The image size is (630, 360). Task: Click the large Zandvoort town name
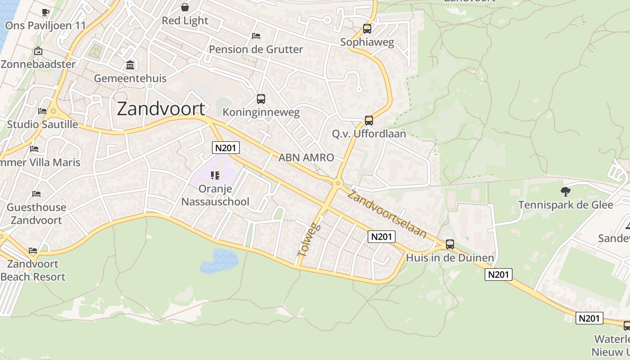(161, 109)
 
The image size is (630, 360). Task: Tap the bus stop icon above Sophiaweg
(367, 29)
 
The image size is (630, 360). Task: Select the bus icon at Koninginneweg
(261, 99)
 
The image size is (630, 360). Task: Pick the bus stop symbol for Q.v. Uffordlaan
(369, 121)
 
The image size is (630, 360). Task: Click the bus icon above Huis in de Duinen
(450, 244)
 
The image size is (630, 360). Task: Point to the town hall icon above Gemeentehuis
(130, 65)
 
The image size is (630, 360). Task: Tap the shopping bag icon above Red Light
(185, 7)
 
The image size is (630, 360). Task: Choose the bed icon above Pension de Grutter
(256, 36)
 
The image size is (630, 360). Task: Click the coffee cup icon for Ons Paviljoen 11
(45, 12)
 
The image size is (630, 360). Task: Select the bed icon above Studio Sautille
(42, 111)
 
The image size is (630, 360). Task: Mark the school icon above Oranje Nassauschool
(215, 175)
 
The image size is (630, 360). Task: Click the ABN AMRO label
(306, 157)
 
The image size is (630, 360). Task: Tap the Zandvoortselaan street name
(387, 214)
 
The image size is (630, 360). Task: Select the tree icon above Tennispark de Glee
(566, 192)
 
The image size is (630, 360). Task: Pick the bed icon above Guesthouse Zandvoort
(36, 194)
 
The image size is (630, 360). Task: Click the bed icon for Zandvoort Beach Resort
(33, 251)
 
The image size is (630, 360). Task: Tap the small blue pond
(219, 261)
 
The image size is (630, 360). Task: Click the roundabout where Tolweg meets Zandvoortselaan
(338, 183)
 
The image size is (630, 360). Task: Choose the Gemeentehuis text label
(130, 78)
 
